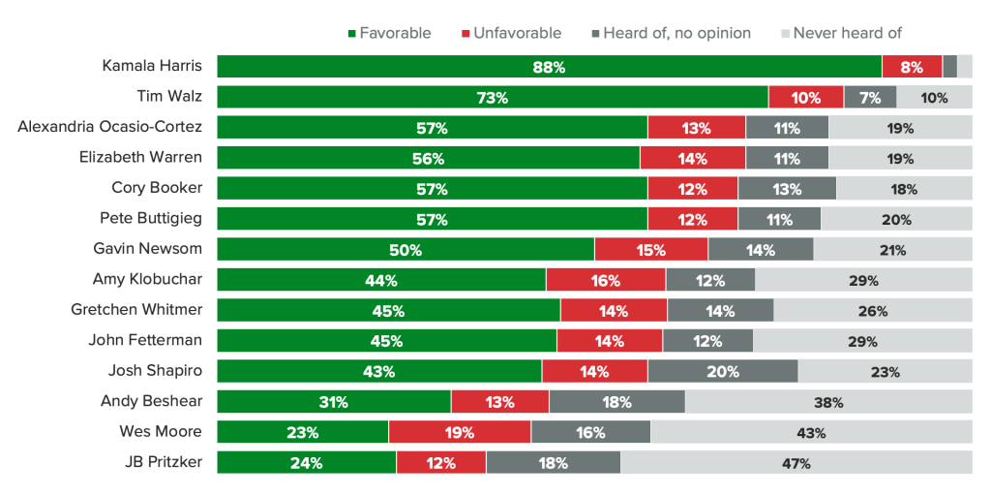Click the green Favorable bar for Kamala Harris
(x=548, y=67)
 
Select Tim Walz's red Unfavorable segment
(x=805, y=97)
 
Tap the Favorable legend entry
(x=389, y=33)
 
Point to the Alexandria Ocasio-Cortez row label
(x=109, y=127)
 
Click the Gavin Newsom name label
(x=148, y=249)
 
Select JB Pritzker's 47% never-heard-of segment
(x=796, y=463)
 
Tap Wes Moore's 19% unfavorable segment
(x=460, y=432)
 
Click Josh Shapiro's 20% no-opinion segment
(x=722, y=371)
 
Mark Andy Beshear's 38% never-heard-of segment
(x=828, y=402)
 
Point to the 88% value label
(x=548, y=67)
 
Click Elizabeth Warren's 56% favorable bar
(x=428, y=158)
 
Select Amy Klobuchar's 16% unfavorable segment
(x=605, y=280)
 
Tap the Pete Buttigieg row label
(x=151, y=218)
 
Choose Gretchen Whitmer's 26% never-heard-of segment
(x=872, y=310)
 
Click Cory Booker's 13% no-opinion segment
(x=786, y=188)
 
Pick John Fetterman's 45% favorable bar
(x=386, y=341)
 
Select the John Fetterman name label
(x=145, y=340)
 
